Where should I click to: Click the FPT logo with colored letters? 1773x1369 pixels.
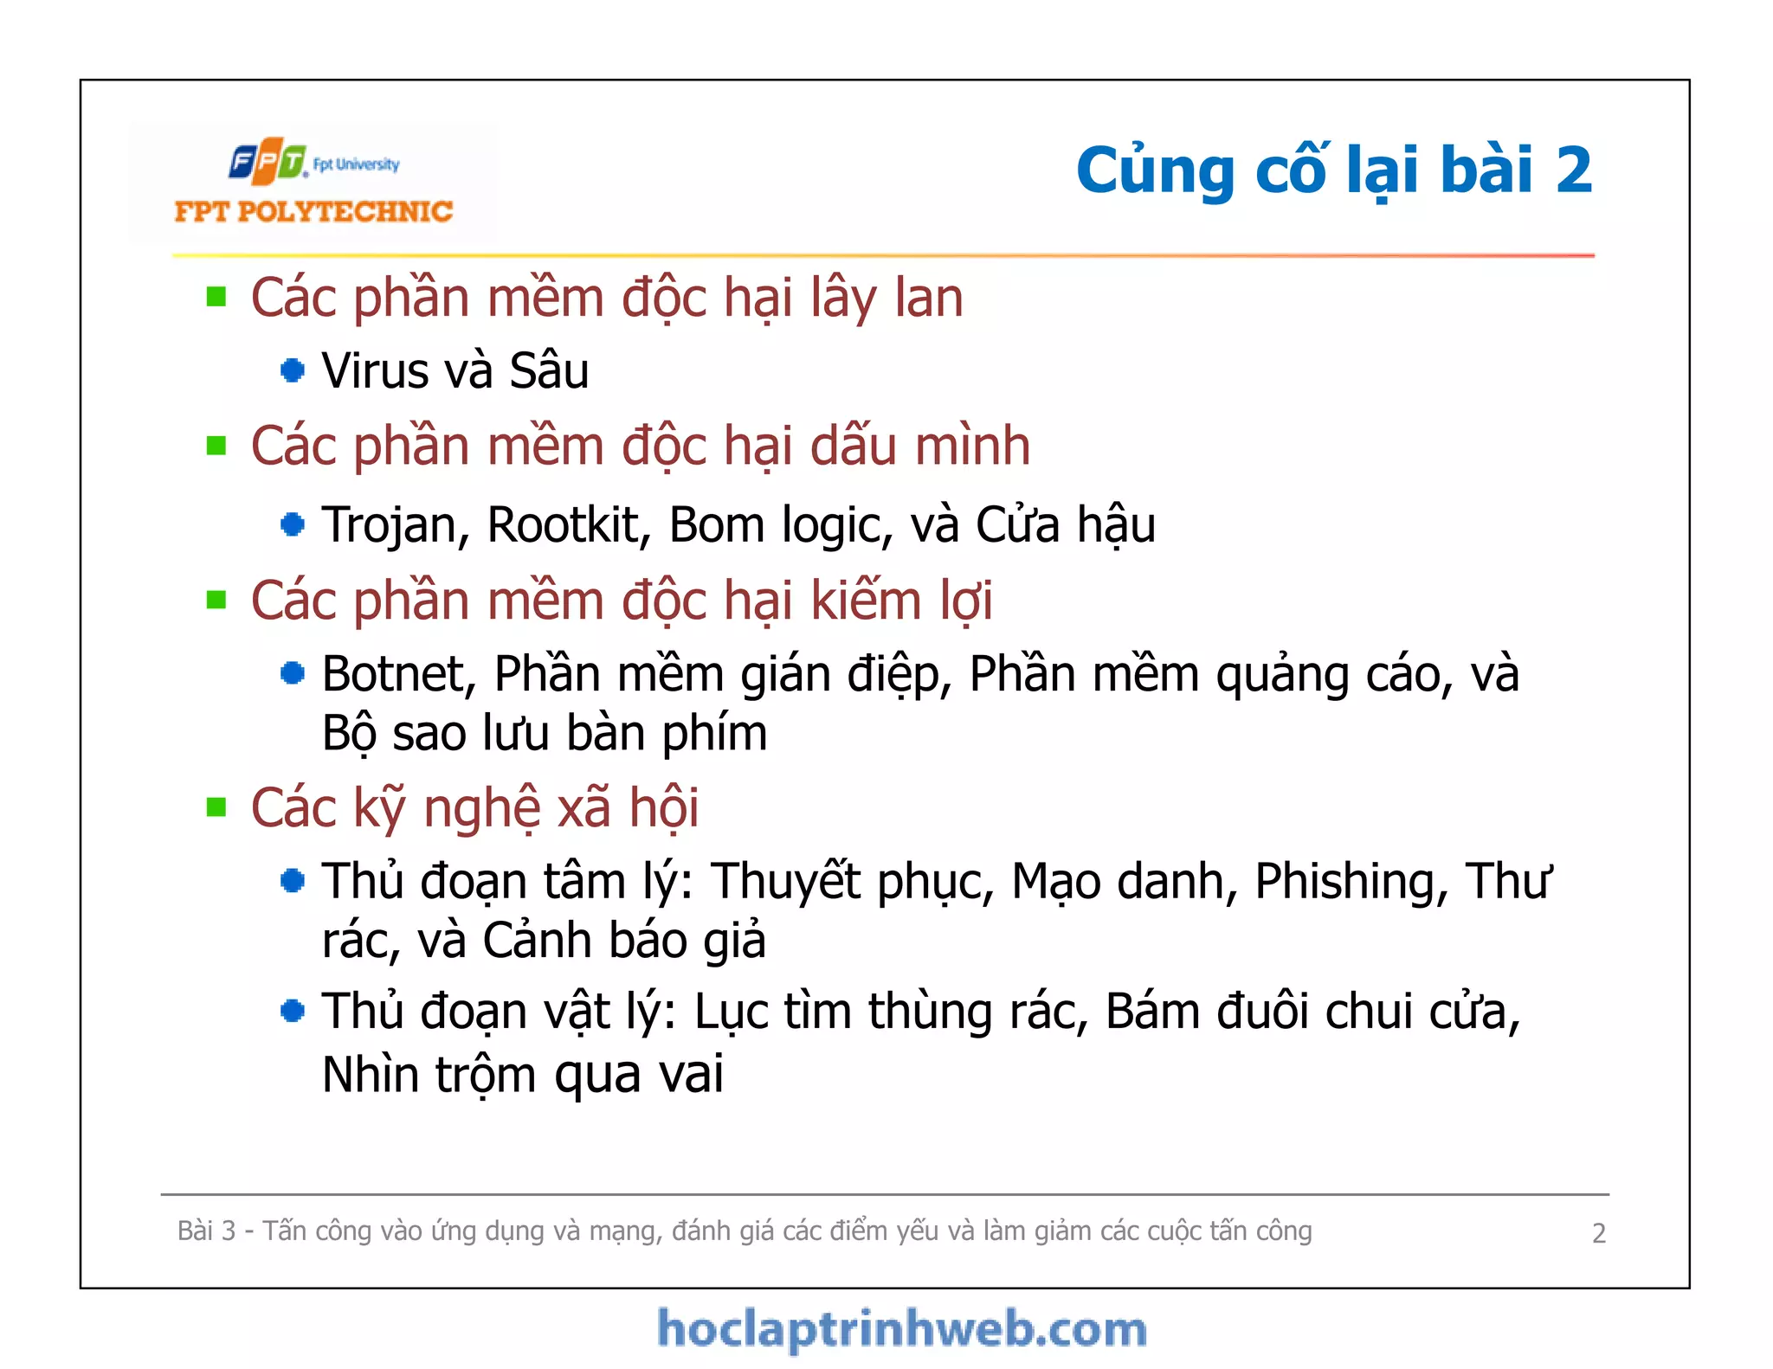point(268,161)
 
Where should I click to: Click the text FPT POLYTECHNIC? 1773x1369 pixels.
point(313,212)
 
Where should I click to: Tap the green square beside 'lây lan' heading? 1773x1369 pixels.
point(216,298)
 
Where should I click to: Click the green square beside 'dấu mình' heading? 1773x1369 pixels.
point(216,447)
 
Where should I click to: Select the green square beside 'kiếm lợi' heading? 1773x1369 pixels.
point(216,600)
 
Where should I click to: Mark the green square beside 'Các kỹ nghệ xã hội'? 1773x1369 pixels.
point(216,807)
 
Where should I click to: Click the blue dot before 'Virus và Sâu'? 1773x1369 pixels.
point(293,371)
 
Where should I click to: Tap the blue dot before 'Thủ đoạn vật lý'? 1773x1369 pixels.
point(293,1011)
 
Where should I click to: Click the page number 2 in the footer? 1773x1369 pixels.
point(1598,1233)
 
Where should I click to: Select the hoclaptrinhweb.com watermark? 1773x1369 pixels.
point(902,1329)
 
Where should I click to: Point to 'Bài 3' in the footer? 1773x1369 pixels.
point(206,1231)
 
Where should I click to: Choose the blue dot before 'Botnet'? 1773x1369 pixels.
point(293,673)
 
